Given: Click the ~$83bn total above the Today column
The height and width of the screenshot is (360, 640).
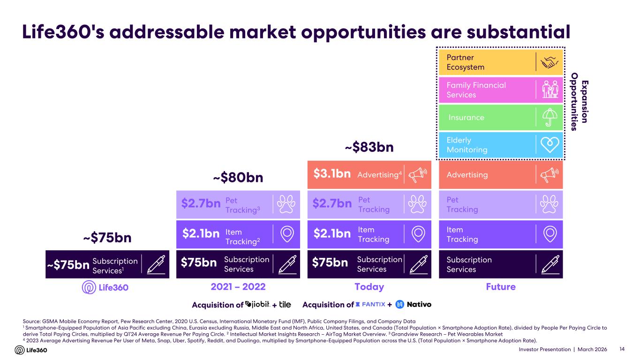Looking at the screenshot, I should coord(369,148).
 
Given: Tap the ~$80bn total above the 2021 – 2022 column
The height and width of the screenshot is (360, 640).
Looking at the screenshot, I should coord(238,178).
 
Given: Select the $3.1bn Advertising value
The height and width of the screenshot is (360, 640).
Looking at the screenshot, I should coord(332,174).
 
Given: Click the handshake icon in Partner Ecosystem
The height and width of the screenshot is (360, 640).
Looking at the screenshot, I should coord(550,62).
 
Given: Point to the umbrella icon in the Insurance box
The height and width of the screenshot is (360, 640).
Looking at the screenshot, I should coord(550,117).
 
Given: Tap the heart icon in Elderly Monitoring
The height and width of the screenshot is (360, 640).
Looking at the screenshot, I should coord(550,145).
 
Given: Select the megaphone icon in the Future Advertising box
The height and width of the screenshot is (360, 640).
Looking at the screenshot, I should coord(550,175).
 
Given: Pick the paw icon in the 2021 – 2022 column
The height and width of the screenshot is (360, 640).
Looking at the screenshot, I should coord(287,204).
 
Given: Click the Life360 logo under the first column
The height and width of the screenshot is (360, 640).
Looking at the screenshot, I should coord(105,287).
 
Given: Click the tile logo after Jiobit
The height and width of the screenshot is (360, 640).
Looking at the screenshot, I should coord(285,305).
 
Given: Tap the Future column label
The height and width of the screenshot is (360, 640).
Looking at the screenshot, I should coord(501,287).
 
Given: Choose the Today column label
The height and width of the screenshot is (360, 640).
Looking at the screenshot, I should coord(369,287).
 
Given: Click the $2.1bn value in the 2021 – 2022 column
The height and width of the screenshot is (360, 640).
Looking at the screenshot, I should coord(200,234).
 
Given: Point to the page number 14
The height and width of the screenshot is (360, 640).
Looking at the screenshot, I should coord(622,350).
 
